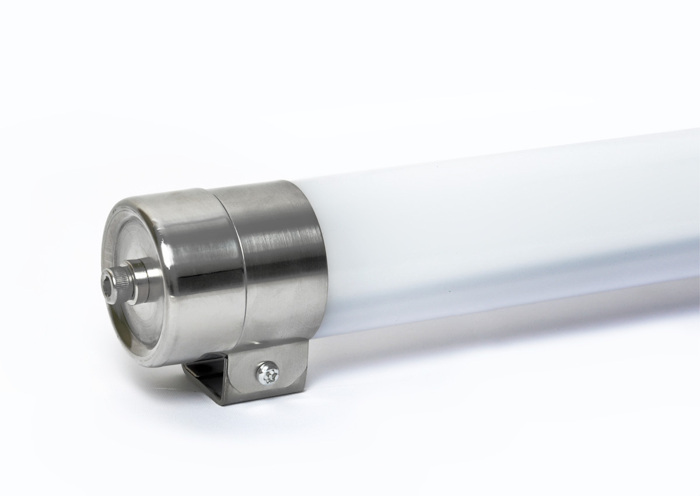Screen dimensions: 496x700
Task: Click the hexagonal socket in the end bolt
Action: (x=108, y=280)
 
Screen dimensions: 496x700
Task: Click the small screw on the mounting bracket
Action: (x=268, y=373)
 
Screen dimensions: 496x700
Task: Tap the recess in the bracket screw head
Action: (x=268, y=373)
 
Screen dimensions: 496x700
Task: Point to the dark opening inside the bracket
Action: (x=204, y=373)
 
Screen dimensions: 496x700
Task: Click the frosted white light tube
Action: (x=496, y=222)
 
